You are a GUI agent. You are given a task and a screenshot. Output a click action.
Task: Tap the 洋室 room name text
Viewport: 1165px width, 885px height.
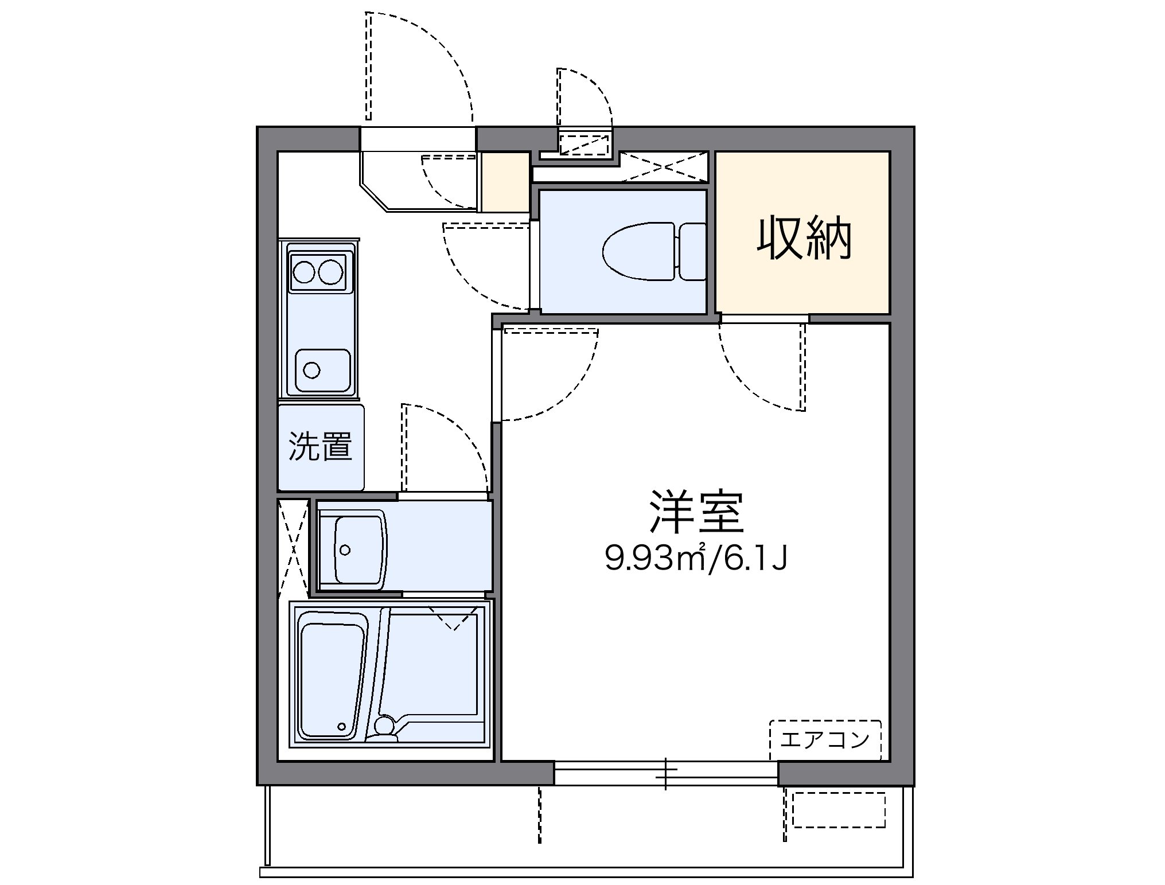[696, 512]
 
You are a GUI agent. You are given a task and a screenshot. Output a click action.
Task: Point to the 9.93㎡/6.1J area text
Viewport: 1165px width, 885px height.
[696, 559]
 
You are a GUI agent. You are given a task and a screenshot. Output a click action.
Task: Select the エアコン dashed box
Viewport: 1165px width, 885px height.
[825, 740]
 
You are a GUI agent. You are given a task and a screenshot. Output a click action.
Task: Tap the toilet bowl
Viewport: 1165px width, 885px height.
[638, 252]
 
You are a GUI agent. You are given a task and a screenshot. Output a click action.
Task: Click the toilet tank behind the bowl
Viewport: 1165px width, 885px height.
[692, 252]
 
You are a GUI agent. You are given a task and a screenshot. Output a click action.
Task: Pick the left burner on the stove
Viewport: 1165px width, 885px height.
[303, 271]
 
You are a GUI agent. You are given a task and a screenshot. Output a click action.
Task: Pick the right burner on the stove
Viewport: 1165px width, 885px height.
[330, 271]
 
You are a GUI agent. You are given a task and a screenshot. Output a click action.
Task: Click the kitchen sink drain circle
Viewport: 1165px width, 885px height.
[311, 371]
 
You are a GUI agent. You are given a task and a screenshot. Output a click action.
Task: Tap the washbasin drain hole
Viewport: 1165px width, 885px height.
[345, 550]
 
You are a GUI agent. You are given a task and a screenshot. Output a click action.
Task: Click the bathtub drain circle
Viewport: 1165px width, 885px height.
[342, 727]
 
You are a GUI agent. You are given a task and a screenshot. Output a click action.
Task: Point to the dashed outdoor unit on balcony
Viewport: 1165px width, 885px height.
[839, 809]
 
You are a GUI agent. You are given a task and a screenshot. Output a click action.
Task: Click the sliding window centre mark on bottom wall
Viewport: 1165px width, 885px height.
[666, 773]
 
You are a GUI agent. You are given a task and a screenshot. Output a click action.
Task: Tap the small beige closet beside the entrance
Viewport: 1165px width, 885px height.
[504, 182]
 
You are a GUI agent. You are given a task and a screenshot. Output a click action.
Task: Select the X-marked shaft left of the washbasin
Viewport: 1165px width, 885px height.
[293, 548]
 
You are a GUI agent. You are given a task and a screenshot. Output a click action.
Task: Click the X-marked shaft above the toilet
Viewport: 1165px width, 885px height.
[664, 167]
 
